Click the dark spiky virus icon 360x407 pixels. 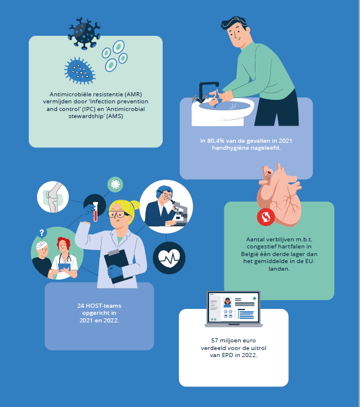click(x=84, y=33)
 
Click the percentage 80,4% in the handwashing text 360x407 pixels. click(x=216, y=141)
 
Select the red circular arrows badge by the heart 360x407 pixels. click(x=266, y=217)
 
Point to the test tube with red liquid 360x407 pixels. click(x=95, y=211)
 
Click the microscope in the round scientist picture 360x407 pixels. click(x=180, y=211)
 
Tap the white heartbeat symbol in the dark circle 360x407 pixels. click(x=169, y=258)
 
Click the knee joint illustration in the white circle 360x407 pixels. click(x=53, y=197)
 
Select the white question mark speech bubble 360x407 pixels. click(x=42, y=233)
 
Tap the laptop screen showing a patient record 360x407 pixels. click(x=233, y=308)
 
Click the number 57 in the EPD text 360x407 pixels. click(x=214, y=340)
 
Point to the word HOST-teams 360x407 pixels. click(x=103, y=306)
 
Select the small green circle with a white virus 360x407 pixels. click(x=115, y=184)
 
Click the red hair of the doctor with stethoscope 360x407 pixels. click(x=64, y=242)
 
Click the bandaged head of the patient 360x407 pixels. click(x=42, y=245)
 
